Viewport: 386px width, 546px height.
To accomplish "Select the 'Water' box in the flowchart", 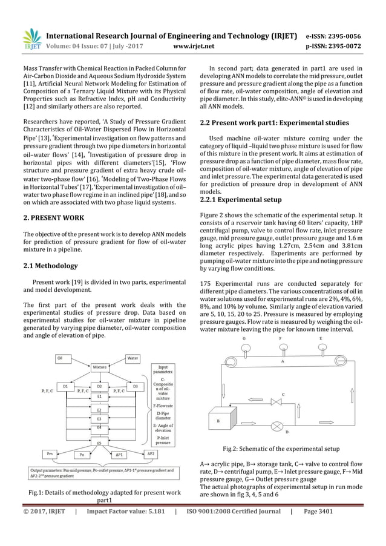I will [132, 358].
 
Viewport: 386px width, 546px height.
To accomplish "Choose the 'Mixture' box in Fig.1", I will [99, 367].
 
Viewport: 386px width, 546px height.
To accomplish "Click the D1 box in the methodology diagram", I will [65, 386].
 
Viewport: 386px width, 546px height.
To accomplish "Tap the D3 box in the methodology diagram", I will [136, 386].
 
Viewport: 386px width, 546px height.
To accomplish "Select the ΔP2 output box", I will [151, 453].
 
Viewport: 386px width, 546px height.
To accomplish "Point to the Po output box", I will [82, 454].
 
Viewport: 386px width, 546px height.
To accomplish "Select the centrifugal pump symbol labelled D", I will [277, 425].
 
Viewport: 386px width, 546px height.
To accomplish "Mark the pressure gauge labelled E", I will [320, 349].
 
